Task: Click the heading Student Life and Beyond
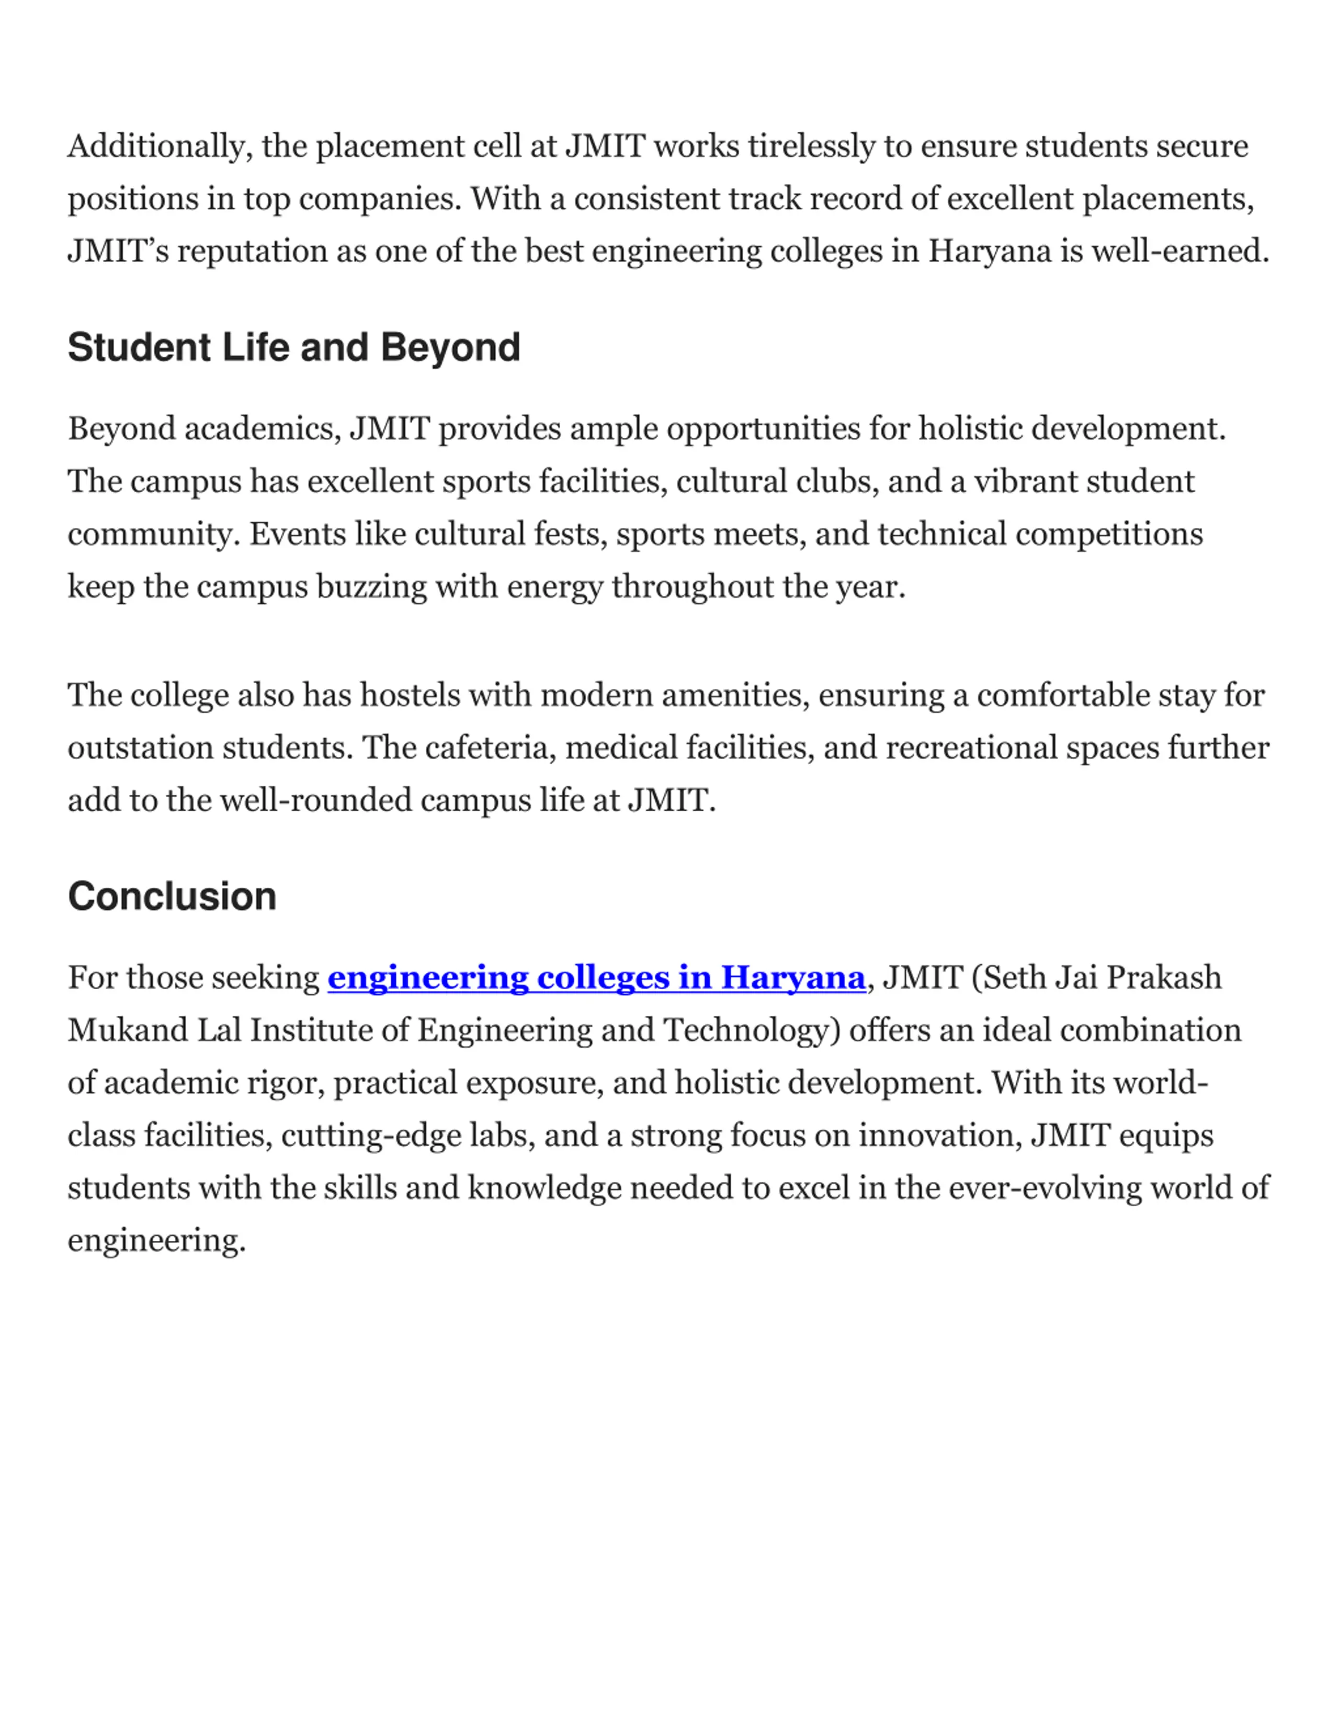click(293, 347)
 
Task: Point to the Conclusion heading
click(172, 897)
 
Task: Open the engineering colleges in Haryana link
click(596, 978)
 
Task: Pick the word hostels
click(410, 696)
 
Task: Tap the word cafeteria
click(490, 748)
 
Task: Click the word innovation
click(939, 1136)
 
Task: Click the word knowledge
click(544, 1188)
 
